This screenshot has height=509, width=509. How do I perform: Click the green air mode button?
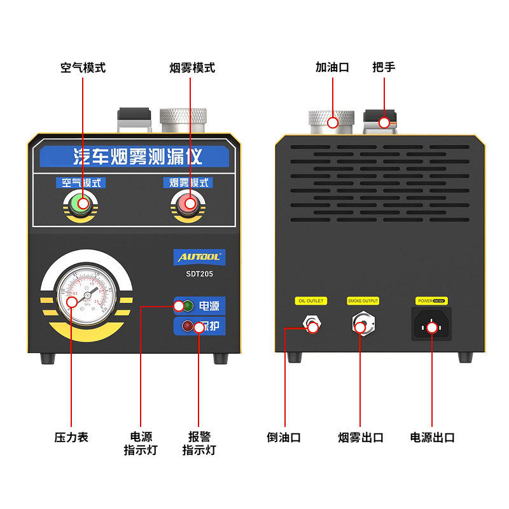(x=81, y=204)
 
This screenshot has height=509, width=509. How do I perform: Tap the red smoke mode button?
(x=188, y=204)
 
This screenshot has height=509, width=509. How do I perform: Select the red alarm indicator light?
(x=188, y=327)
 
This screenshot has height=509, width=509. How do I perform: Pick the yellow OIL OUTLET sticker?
(x=310, y=301)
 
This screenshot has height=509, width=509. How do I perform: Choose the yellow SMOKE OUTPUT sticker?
(x=363, y=301)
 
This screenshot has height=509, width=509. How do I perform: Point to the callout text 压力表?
(x=71, y=437)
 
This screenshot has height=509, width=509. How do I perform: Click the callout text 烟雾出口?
(x=361, y=437)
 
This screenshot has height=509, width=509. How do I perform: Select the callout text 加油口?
(x=332, y=67)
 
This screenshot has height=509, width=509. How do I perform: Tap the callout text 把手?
(x=384, y=67)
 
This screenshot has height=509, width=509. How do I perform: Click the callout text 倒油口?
(x=283, y=437)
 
